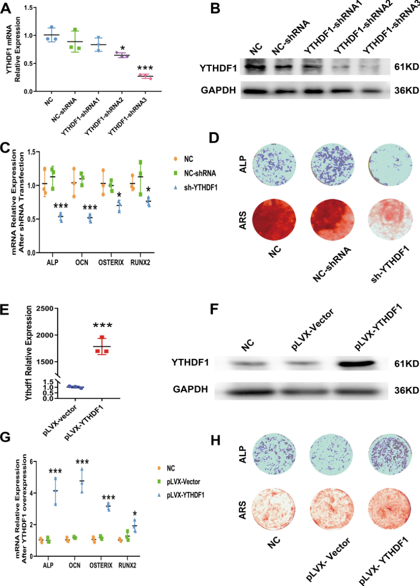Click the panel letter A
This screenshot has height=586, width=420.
pos(8,9)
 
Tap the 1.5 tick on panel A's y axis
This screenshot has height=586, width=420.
pos(32,8)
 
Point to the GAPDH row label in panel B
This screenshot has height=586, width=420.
pos(218,90)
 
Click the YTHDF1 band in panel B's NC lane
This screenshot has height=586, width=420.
pos(257,67)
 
